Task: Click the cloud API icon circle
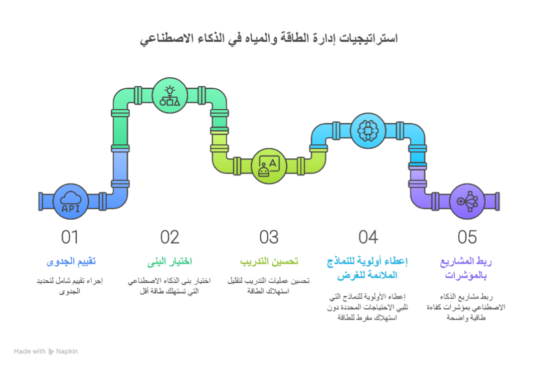(71, 202)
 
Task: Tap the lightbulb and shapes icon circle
(170, 96)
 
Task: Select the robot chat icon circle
(269, 166)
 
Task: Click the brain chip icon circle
(368, 131)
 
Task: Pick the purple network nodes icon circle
(467, 202)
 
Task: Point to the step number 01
(71, 237)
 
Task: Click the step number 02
(170, 237)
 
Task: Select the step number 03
(269, 237)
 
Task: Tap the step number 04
(368, 237)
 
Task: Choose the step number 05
(467, 237)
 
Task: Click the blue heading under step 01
(71, 262)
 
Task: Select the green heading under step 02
(170, 262)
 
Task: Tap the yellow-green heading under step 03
(269, 262)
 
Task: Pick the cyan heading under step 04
(368, 268)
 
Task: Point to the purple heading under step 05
(467, 268)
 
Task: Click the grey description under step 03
(269, 286)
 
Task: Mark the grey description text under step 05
(467, 306)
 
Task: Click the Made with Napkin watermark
(46, 351)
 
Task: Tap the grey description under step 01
(71, 286)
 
